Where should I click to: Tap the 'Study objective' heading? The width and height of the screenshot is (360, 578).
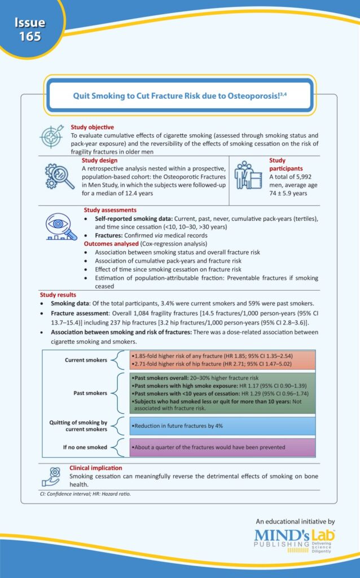92,128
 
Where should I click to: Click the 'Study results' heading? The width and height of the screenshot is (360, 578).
60,295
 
